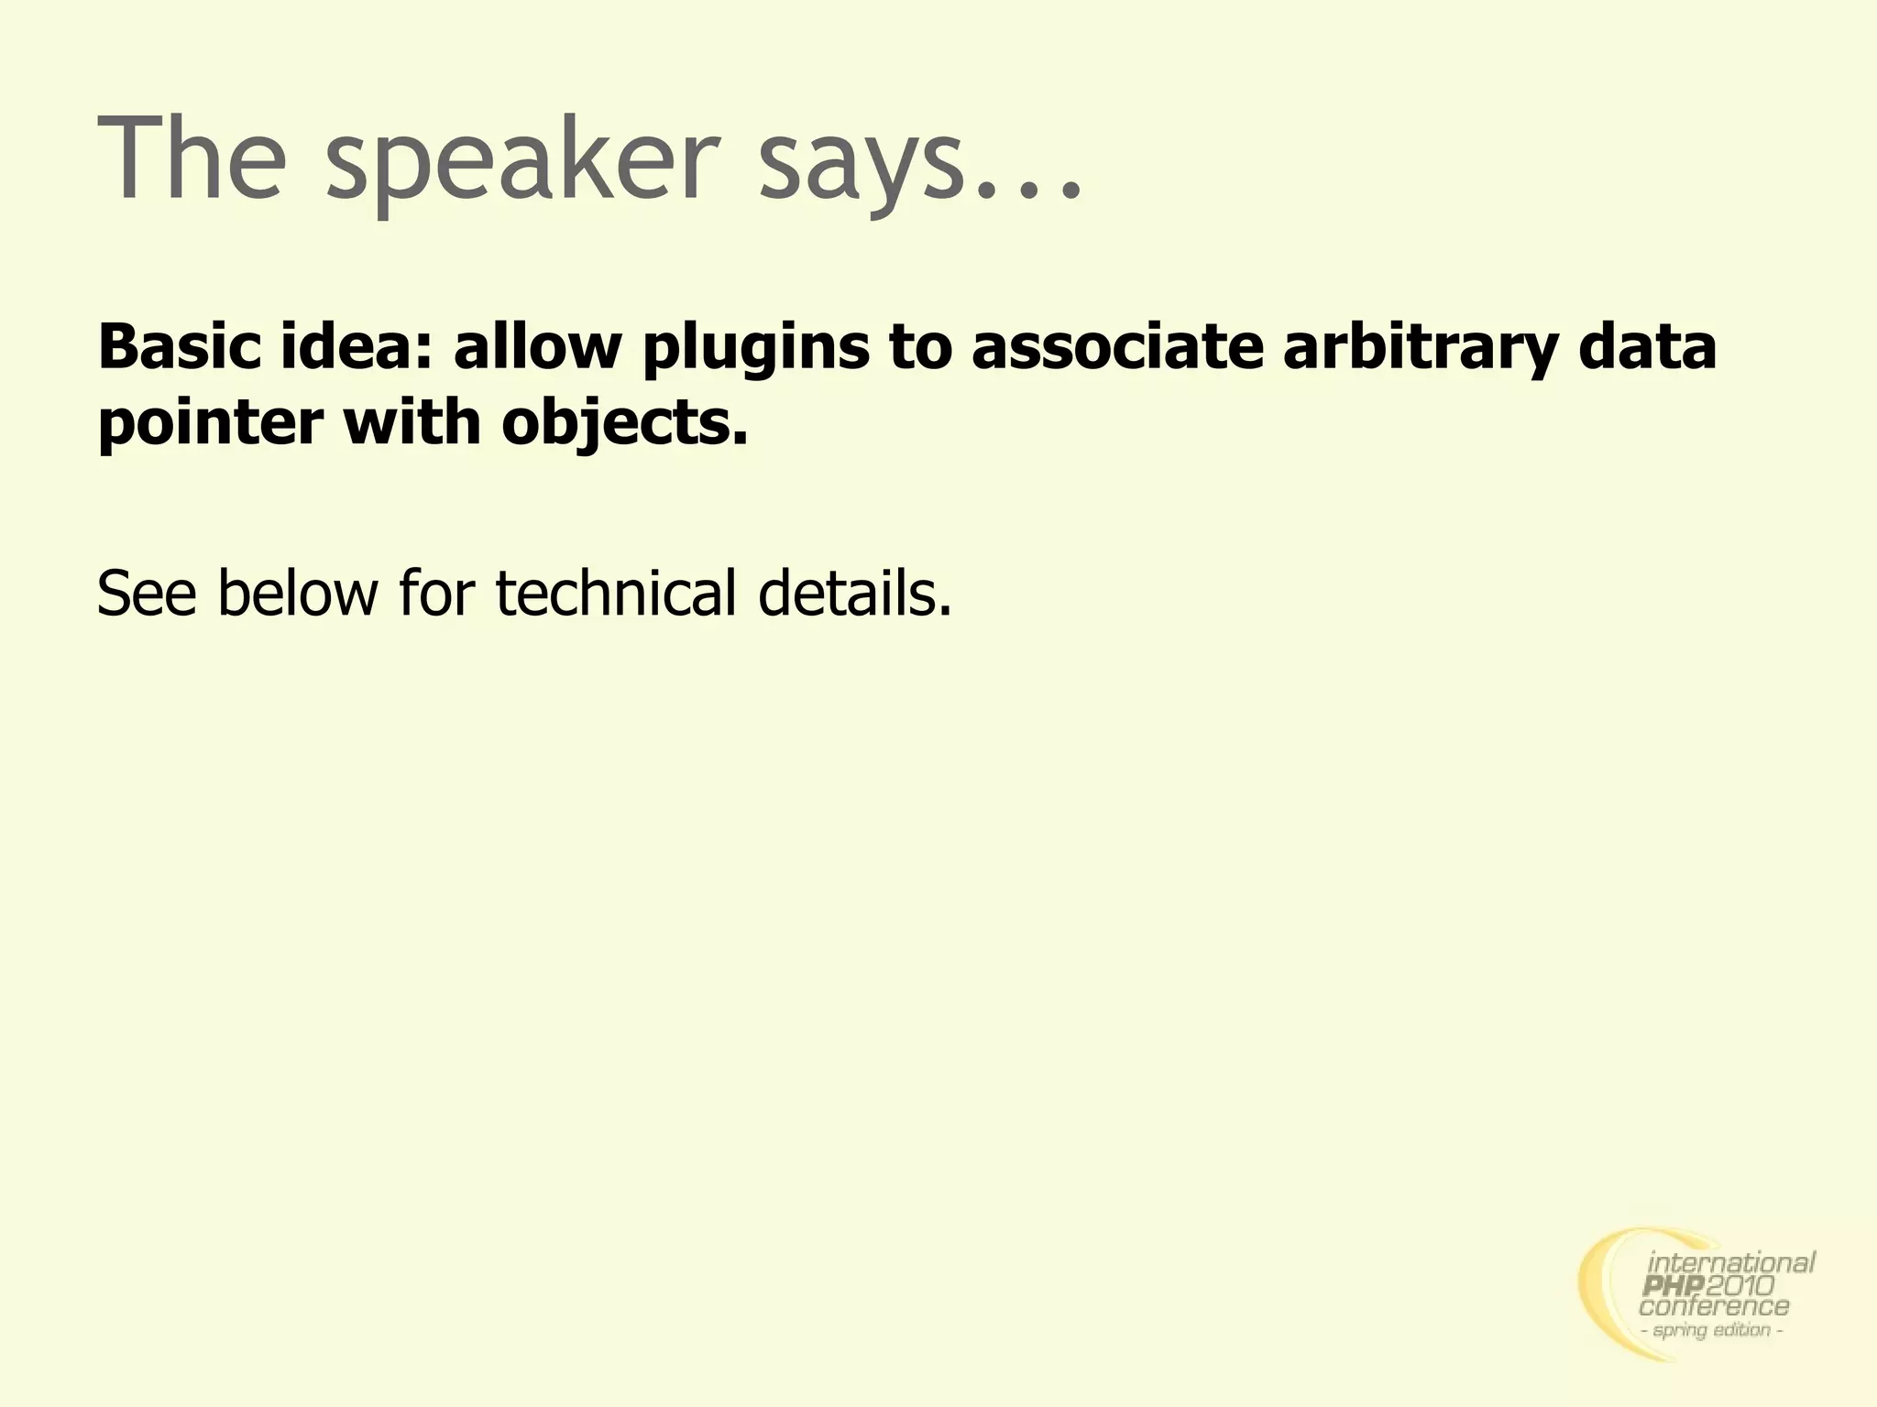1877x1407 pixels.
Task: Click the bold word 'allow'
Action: (537, 348)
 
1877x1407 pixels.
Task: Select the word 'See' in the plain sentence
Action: (147, 594)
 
